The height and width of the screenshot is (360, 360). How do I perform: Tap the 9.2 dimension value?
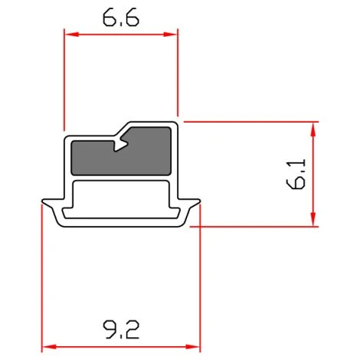(120, 330)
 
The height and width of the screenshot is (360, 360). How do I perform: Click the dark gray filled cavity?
(120, 155)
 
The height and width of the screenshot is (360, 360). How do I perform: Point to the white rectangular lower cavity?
(120, 198)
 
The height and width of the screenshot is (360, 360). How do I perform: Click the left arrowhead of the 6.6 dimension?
(68, 34)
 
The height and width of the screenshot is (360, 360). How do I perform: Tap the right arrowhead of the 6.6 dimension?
(173, 34)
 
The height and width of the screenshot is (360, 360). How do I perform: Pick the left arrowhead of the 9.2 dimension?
(46, 346)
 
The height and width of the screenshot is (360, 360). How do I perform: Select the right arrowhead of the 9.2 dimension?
(195, 346)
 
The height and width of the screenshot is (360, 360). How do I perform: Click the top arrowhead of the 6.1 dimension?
(314, 126)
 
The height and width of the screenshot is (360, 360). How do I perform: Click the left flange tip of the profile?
(44, 203)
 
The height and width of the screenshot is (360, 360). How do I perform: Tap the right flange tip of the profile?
(198, 203)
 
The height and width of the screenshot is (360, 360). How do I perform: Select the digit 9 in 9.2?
(109, 330)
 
